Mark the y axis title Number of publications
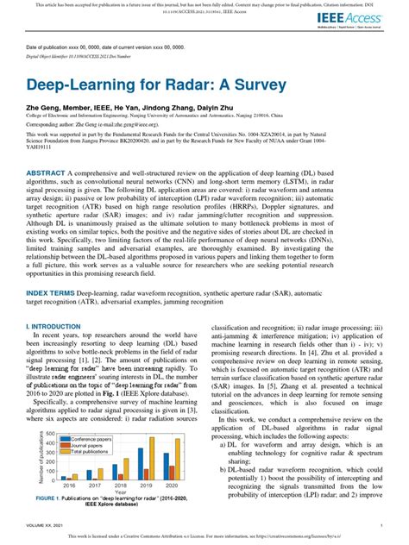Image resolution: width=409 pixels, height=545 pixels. [41, 457]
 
